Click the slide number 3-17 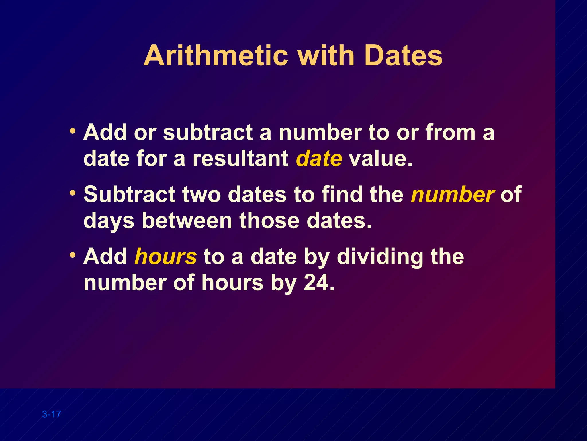point(52,414)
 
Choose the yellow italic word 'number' point(453,194)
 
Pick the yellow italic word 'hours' point(166,256)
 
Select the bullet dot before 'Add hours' point(73,254)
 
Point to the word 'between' point(187,221)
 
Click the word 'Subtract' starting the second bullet point(129,194)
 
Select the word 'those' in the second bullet point(269,221)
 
